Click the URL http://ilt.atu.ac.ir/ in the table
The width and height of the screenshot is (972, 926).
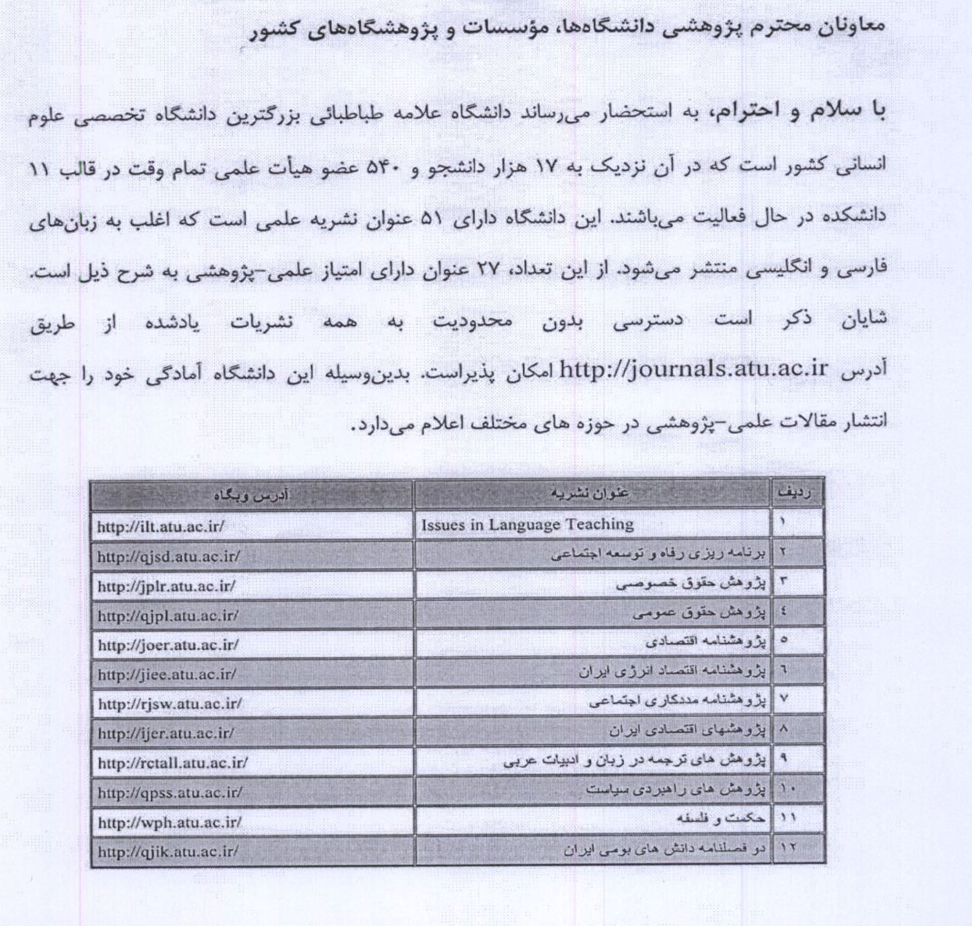click(x=161, y=527)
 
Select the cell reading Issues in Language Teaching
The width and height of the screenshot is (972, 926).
click(x=527, y=525)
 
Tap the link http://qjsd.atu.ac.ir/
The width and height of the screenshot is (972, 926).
click(x=168, y=556)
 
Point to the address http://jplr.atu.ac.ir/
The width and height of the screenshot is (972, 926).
click(x=166, y=586)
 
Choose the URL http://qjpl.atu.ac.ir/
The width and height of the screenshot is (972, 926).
click(x=168, y=615)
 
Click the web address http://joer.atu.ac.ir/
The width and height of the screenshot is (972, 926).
click(x=168, y=645)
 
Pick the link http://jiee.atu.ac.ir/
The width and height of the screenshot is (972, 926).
click(x=167, y=674)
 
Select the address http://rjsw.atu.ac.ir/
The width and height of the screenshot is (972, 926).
click(x=170, y=704)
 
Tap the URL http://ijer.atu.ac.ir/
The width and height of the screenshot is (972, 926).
click(x=166, y=734)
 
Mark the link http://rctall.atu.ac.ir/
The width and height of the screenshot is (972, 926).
click(x=172, y=763)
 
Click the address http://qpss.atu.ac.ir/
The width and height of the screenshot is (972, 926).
click(x=170, y=793)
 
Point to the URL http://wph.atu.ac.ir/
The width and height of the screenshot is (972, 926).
click(x=169, y=822)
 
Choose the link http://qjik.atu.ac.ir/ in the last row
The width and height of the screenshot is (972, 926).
click(x=168, y=851)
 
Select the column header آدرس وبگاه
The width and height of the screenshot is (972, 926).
click(x=251, y=495)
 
